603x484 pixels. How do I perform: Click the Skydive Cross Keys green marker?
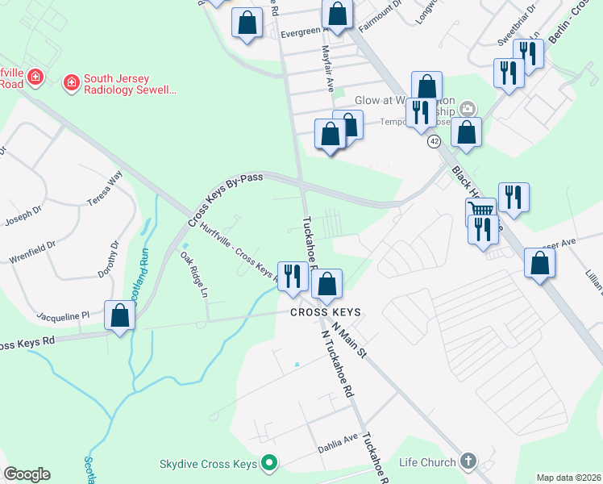(270, 464)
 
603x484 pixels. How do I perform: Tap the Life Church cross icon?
(466, 462)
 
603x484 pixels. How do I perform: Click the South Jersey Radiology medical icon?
(72, 82)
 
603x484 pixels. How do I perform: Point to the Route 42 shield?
(434, 141)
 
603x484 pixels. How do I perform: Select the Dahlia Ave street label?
(339, 438)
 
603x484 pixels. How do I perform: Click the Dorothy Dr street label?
(108, 259)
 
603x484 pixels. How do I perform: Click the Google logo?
(27, 474)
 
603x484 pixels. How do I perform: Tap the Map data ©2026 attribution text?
(568, 478)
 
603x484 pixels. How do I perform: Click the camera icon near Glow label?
(467, 109)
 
